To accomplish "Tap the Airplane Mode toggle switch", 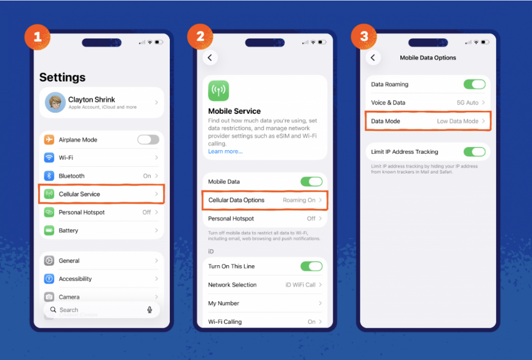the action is (x=148, y=140).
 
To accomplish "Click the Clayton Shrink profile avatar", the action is (x=55, y=102).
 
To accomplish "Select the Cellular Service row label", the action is (x=79, y=194).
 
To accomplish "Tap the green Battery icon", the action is (x=49, y=230).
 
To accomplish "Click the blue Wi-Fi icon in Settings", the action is (x=49, y=158).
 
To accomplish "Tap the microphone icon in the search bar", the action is (x=149, y=310).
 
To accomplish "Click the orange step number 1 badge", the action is (x=37, y=37).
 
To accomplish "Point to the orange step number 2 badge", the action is (x=200, y=36).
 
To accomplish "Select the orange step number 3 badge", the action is (x=364, y=36).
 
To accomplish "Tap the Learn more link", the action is (x=225, y=151).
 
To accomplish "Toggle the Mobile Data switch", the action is (x=311, y=182).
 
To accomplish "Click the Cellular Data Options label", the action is (x=236, y=200).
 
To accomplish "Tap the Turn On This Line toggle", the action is (x=311, y=266).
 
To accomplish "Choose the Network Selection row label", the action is (x=233, y=285).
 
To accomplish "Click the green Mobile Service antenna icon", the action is (x=219, y=90).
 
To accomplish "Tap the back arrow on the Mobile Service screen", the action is (x=210, y=58).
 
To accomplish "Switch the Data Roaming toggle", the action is (x=474, y=85).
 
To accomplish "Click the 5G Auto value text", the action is (x=468, y=103).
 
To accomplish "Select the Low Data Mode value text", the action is (x=458, y=121).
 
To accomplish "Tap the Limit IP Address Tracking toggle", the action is (x=474, y=152).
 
